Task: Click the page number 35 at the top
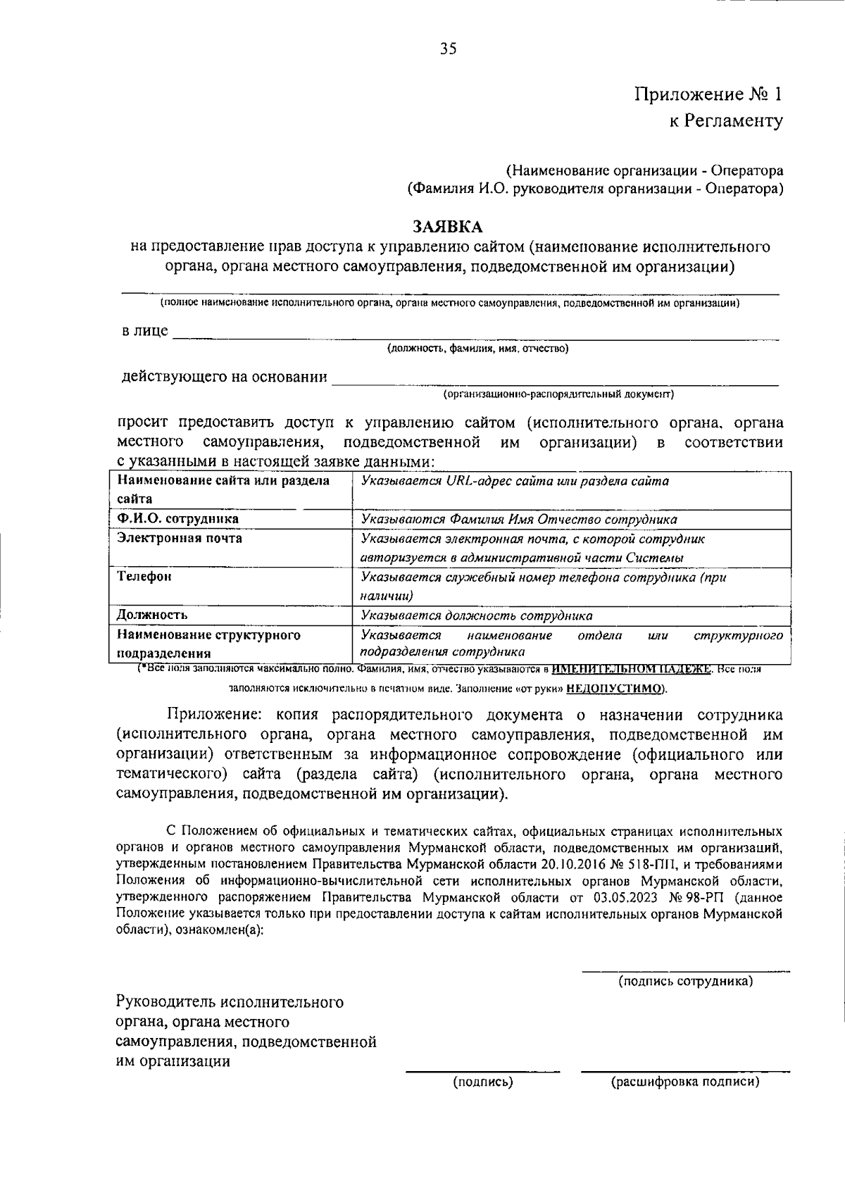tap(449, 49)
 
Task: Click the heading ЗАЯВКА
tap(448, 227)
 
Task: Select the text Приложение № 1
tap(708, 94)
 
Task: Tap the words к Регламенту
tap(725, 121)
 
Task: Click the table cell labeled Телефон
tap(144, 577)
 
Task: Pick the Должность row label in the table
tap(152, 615)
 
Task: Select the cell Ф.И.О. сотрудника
tap(177, 519)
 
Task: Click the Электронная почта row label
tap(180, 539)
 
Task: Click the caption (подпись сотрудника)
tap(685, 981)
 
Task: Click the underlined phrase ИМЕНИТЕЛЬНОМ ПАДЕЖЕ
tap(632, 669)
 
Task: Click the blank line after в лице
tap(475, 336)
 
